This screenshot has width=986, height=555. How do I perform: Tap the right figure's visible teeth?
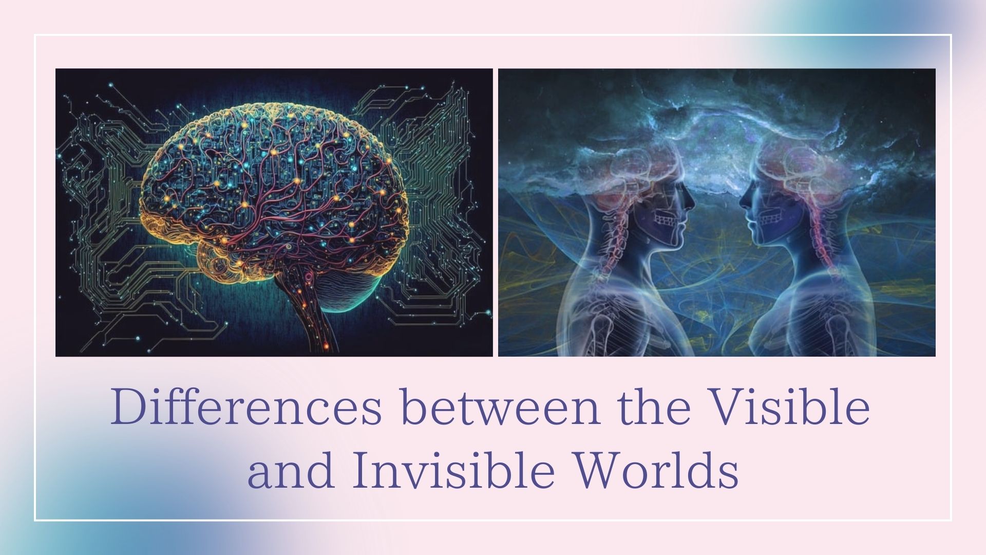point(769,220)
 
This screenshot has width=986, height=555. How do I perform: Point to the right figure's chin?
point(756,242)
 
